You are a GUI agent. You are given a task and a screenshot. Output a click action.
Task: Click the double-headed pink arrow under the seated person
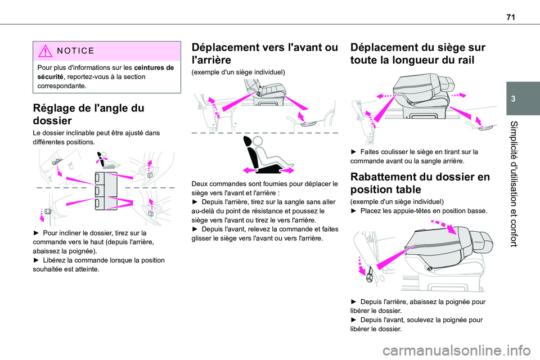pyautogui.click(x=265, y=169)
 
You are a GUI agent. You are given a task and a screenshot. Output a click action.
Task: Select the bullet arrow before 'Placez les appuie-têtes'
pyautogui.click(x=353, y=211)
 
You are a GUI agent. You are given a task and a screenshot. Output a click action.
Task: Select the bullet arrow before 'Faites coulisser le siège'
pyautogui.click(x=353, y=151)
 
